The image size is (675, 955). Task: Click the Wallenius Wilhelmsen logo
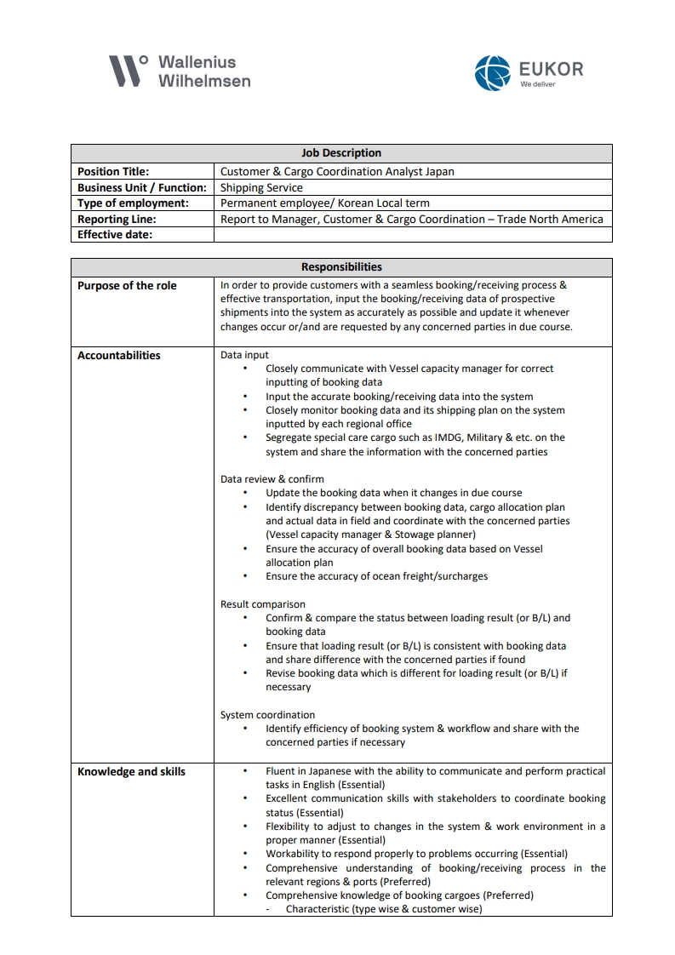click(x=180, y=71)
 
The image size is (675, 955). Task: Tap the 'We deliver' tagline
click(x=538, y=84)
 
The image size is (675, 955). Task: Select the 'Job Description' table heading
click(x=341, y=153)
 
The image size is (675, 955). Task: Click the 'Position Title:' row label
click(x=113, y=171)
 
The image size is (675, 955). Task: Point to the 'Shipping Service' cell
click(x=261, y=187)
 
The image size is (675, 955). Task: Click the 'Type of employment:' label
click(x=133, y=203)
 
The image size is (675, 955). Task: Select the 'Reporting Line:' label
click(x=117, y=219)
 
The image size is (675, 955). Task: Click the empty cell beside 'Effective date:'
click(x=413, y=235)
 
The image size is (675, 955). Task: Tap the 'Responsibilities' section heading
click(x=341, y=266)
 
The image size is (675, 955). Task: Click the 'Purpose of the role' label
click(x=127, y=286)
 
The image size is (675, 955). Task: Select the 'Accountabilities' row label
click(x=119, y=356)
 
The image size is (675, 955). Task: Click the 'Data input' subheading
click(x=244, y=355)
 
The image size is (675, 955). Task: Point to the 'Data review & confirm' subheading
click(x=272, y=479)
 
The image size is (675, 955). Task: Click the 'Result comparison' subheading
click(x=262, y=604)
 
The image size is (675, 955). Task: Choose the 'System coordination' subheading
click(x=267, y=715)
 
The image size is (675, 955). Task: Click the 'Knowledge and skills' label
click(x=131, y=772)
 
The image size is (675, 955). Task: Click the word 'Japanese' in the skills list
click(x=326, y=771)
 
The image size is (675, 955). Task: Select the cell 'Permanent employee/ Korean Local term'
click(x=325, y=203)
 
